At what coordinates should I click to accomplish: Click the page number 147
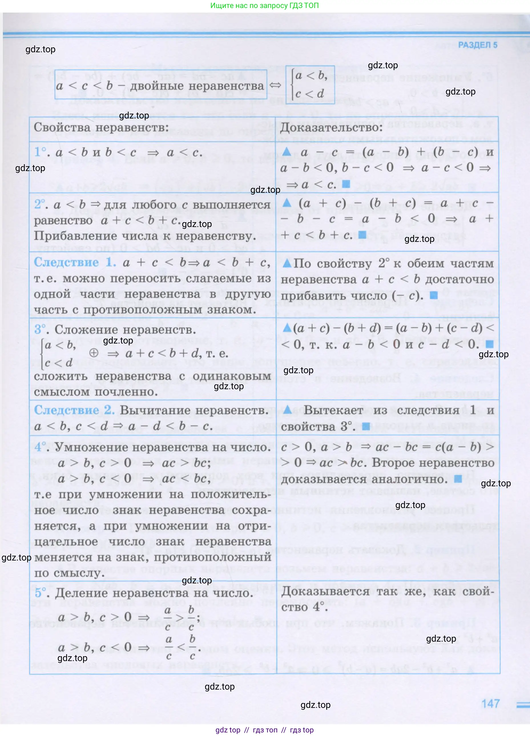(490, 704)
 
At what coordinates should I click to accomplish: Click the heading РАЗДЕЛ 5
(477, 45)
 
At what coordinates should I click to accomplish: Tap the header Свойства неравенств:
(101, 127)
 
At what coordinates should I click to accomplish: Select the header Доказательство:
(332, 127)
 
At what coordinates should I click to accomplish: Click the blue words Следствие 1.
(75, 262)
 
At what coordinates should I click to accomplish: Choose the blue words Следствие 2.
(74, 410)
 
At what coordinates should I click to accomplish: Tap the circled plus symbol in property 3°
(94, 353)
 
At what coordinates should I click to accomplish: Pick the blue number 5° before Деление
(40, 593)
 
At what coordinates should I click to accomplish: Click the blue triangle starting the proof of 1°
(287, 151)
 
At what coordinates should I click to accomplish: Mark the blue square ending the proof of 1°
(346, 184)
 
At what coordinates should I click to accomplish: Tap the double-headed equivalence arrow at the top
(275, 85)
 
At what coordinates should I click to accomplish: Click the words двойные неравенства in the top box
(197, 86)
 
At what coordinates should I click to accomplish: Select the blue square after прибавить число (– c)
(434, 295)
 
